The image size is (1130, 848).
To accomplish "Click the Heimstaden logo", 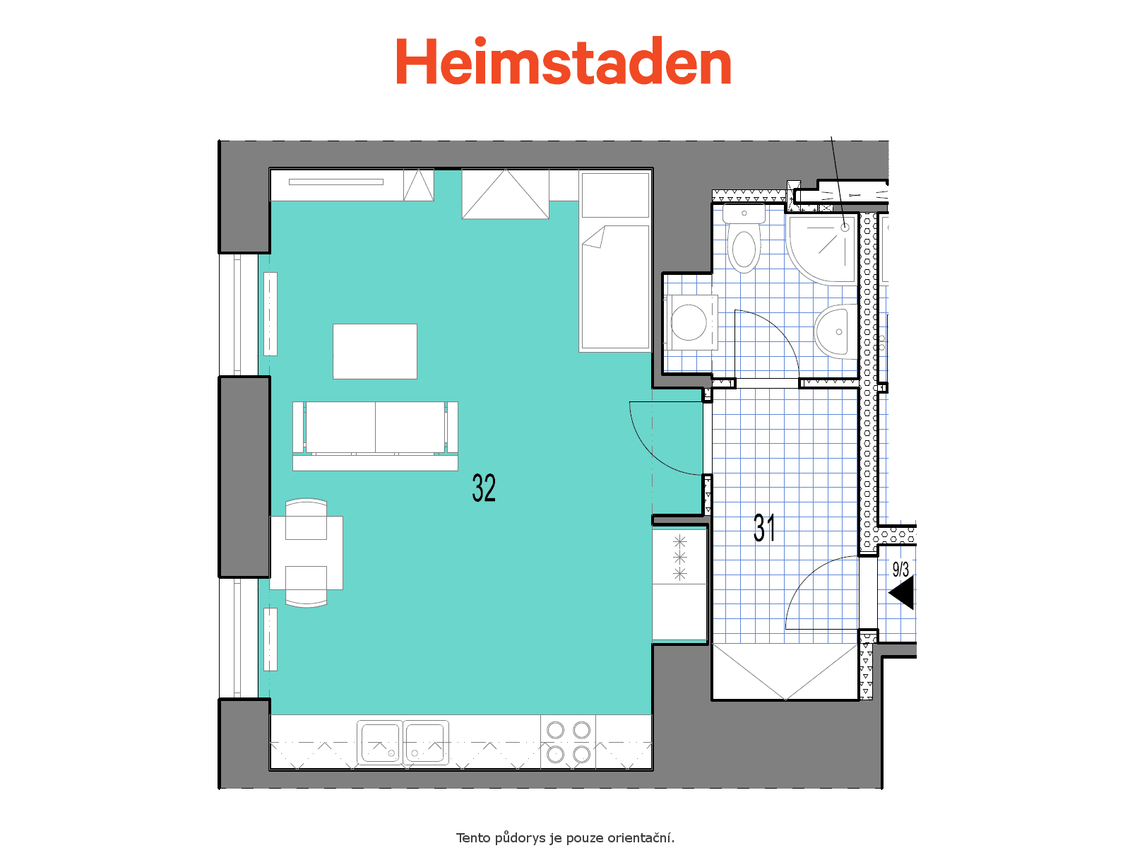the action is tap(563, 61).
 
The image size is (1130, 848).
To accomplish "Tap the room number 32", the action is tap(483, 488).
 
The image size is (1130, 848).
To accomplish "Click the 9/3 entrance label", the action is tap(900, 569).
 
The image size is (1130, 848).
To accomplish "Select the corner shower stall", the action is tap(822, 249).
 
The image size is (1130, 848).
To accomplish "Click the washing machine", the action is tap(691, 323).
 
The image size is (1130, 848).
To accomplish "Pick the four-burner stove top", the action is tap(569, 742).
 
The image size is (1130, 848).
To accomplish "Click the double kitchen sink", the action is tap(403, 742).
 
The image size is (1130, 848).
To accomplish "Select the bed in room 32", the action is tap(615, 261).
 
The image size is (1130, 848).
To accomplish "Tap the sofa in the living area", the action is tap(375, 435).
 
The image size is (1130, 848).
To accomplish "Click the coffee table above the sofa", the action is tap(375, 351).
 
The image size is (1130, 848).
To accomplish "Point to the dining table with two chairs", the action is tap(307, 553).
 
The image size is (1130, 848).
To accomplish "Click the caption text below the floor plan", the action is tap(565, 837).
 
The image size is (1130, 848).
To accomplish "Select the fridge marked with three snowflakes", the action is tap(679, 557).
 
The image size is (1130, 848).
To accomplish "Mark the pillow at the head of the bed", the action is tap(615, 195).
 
